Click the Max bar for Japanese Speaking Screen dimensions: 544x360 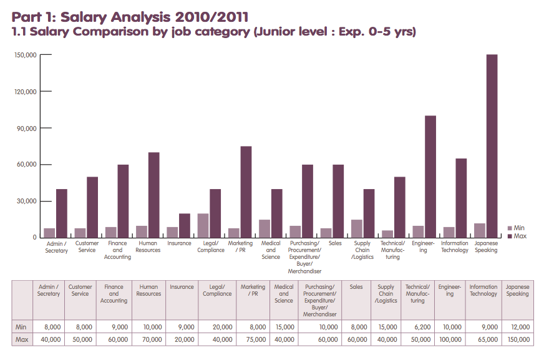(492, 146)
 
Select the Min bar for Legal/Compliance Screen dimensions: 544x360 (203, 226)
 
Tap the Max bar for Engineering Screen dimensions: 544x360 (430, 177)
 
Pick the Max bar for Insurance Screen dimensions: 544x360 (185, 226)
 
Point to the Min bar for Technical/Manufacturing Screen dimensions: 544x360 (387, 234)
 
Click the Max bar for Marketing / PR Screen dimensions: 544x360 (246, 192)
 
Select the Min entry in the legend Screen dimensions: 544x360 (516, 228)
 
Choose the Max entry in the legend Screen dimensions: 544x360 (517, 236)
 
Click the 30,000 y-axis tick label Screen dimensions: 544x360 (26, 201)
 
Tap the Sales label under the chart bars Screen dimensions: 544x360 (335, 243)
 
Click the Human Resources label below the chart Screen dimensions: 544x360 (148, 246)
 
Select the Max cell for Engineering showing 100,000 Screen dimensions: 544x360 (450, 339)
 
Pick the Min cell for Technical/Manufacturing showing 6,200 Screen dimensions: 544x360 (417, 327)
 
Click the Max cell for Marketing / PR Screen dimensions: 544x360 (253, 339)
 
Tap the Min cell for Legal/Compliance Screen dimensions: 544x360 (217, 327)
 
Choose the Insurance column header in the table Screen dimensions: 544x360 (182, 287)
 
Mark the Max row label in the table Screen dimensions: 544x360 (22, 339)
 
